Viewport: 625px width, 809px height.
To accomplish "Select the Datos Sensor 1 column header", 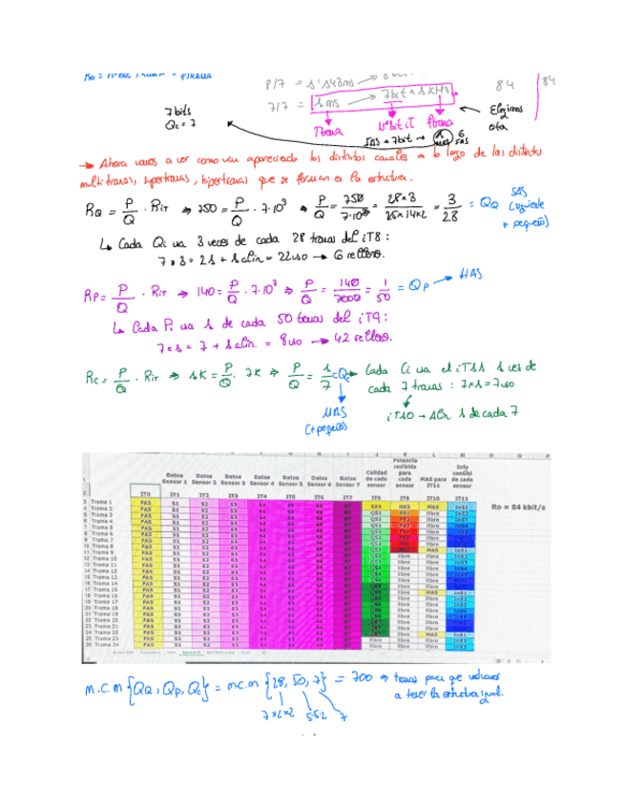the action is [x=176, y=478].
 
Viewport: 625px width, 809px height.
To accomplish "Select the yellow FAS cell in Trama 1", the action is [x=145, y=502].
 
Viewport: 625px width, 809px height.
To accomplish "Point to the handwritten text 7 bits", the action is [x=180, y=111].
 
